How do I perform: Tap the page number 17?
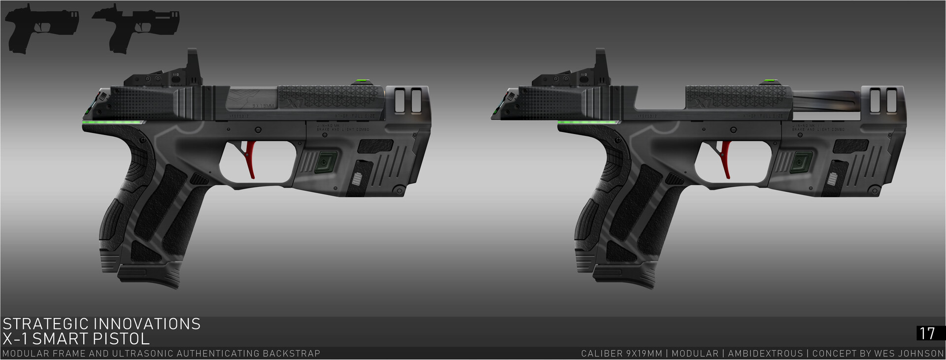pyautogui.click(x=927, y=333)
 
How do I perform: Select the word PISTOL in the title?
pyautogui.click(x=126, y=339)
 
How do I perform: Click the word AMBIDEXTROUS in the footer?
pyautogui.click(x=765, y=354)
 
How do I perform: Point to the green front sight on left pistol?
pyautogui.click(x=363, y=82)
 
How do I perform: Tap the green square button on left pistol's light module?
pyautogui.click(x=325, y=162)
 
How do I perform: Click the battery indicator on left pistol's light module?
pyautogui.click(x=357, y=178)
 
